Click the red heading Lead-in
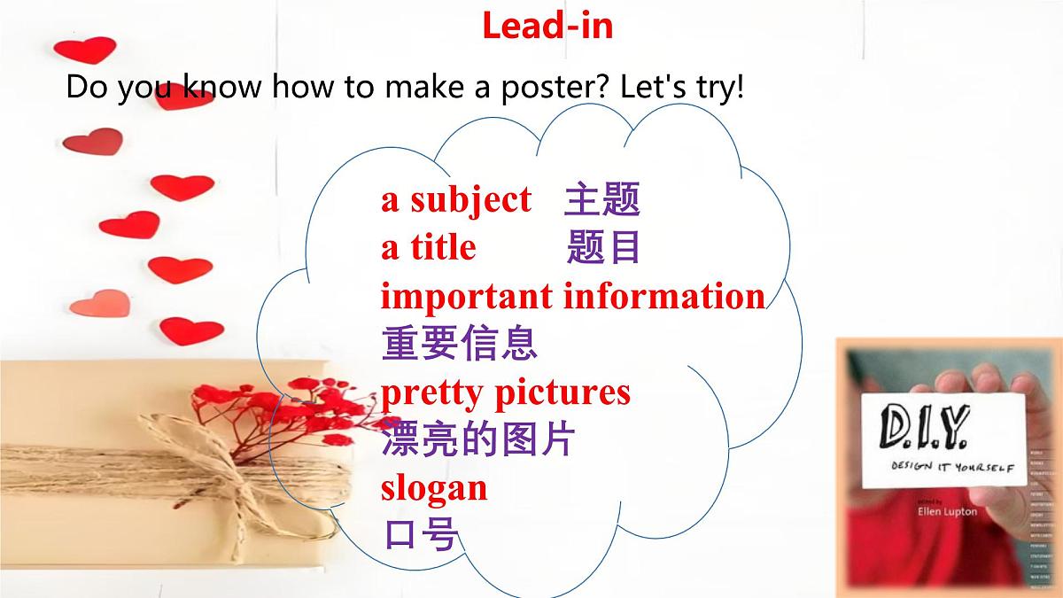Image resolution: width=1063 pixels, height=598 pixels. pos(547,26)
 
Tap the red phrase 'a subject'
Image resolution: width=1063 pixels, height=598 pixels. pos(456,200)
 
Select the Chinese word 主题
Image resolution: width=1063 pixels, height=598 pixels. pos(601,201)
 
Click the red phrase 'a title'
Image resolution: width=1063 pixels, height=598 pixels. pos(429,248)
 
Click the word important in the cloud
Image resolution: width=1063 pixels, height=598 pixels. pos(466,296)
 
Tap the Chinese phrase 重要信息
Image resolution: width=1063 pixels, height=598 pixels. pos(459,344)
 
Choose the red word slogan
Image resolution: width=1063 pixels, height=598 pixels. pos(434,487)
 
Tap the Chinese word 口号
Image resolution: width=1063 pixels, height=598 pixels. pos(420,534)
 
